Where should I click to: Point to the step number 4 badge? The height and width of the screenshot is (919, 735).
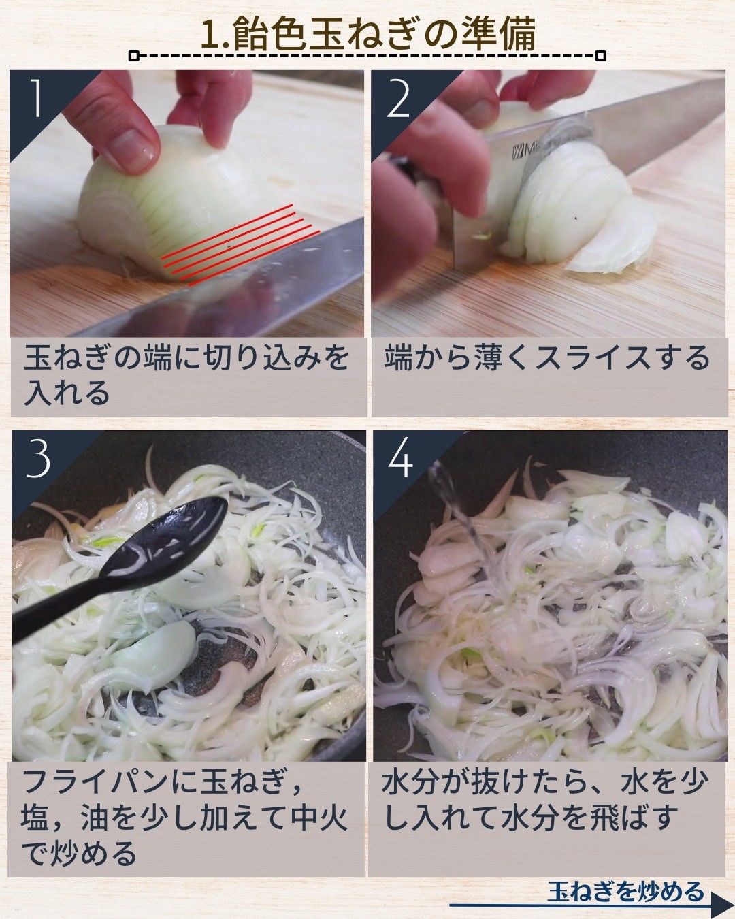(400, 459)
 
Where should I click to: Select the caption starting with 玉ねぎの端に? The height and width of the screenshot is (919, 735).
(186, 375)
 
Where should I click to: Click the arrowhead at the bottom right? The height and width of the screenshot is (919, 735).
(720, 906)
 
